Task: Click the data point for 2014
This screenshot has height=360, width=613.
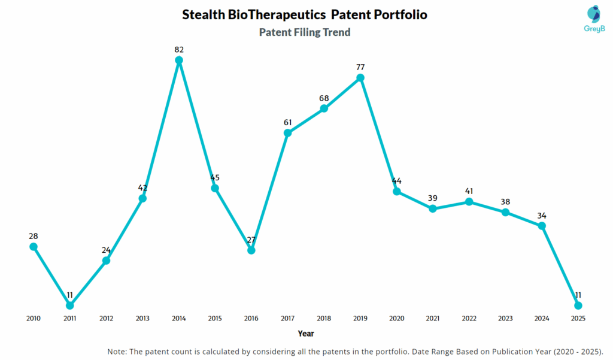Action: click(x=178, y=60)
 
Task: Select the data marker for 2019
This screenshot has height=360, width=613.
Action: click(x=360, y=78)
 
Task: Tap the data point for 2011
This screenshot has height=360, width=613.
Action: click(x=70, y=305)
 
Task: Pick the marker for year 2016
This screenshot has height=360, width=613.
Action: click(x=251, y=250)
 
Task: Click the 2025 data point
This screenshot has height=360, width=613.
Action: click(x=578, y=305)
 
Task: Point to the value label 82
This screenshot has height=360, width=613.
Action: click(x=178, y=50)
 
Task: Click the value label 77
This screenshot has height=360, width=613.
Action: click(x=360, y=67)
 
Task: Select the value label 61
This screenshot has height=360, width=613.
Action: click(x=288, y=122)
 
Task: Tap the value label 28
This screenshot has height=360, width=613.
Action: click(x=34, y=236)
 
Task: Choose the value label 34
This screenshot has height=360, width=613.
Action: click(x=542, y=216)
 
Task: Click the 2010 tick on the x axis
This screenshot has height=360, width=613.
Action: click(x=34, y=318)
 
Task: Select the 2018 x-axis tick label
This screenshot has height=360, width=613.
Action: click(x=324, y=318)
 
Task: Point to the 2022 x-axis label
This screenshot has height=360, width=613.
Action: click(x=469, y=318)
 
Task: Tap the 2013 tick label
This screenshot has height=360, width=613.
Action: click(x=142, y=318)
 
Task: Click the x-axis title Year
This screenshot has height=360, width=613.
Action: click(x=305, y=333)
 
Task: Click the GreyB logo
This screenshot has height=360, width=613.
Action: click(x=593, y=18)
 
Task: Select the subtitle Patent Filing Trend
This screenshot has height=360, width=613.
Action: click(x=305, y=32)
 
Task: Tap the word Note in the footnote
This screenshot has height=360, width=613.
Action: click(x=118, y=351)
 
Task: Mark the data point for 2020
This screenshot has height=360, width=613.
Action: click(x=396, y=192)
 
